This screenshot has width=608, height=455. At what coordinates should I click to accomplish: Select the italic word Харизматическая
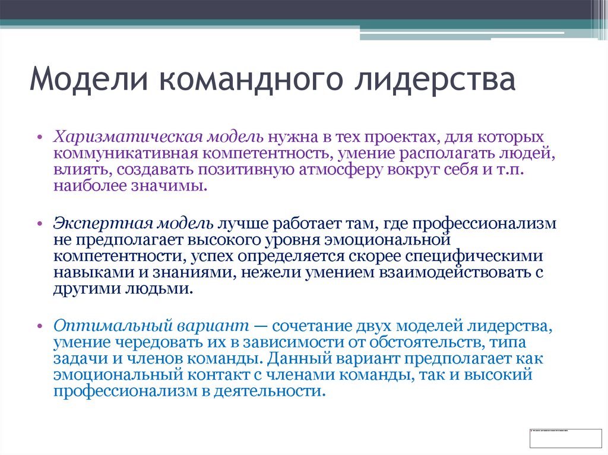point(128,138)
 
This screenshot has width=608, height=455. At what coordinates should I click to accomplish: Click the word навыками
point(91,273)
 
